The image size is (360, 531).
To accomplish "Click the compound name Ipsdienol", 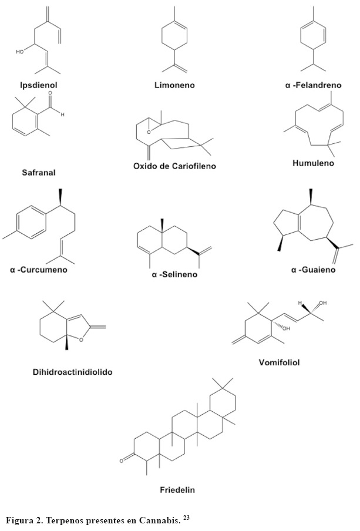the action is pos(37,85).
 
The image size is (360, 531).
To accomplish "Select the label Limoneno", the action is pos(174,85).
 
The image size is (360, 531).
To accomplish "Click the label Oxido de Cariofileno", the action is pos(174,166).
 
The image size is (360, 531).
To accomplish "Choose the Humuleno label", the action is pos(313,163).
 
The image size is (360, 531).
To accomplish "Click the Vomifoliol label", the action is pos(280,362).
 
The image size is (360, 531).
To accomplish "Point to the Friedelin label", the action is pos(177,489).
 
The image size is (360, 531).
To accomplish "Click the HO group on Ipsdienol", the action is pos(19,52).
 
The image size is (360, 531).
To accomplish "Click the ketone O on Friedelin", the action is pos(122,461).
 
